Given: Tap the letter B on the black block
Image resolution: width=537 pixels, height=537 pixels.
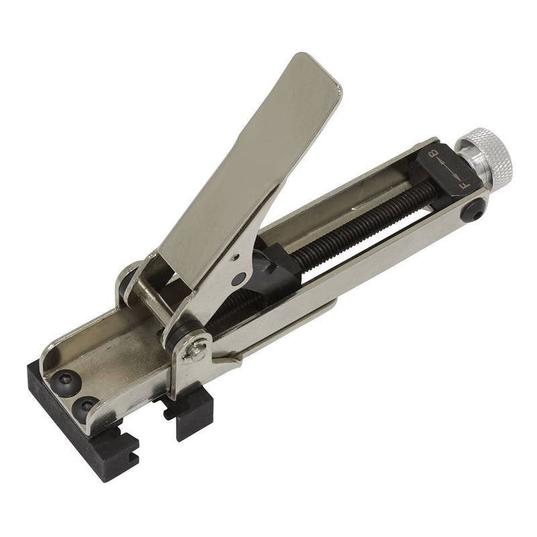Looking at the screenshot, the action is pos(434,152).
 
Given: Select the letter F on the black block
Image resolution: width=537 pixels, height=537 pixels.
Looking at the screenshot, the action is pos(464,186).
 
